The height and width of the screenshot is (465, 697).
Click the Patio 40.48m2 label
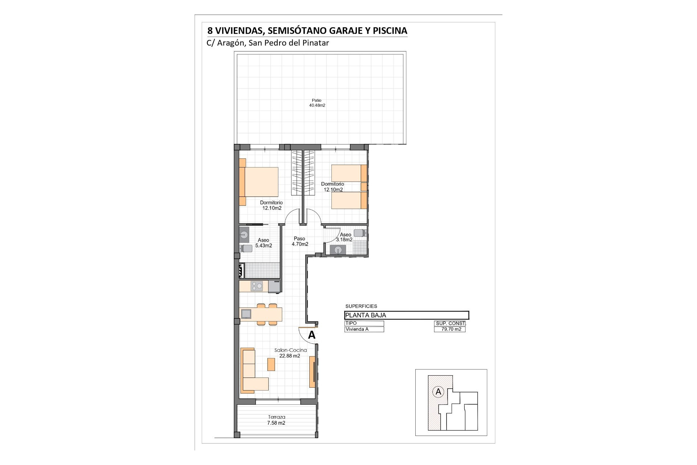(317, 103)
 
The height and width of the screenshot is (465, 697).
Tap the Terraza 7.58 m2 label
(276, 420)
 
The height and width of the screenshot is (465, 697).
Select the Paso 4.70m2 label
(300, 241)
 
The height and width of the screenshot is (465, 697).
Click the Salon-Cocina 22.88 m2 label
(290, 353)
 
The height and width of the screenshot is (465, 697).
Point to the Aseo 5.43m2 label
(264, 243)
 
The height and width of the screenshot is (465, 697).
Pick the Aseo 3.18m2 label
(344, 237)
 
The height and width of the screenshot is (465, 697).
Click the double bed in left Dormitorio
(259, 182)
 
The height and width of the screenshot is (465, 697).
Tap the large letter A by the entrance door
(311, 335)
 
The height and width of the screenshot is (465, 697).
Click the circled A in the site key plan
(439, 392)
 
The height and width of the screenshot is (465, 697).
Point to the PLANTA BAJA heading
(366, 315)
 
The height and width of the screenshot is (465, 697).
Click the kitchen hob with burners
(257, 286)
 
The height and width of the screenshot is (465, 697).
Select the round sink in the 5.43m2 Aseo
(244, 235)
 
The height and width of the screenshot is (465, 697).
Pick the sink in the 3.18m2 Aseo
(338, 250)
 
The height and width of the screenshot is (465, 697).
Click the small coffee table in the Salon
(271, 364)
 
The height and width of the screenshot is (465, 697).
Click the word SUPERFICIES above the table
(361, 306)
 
